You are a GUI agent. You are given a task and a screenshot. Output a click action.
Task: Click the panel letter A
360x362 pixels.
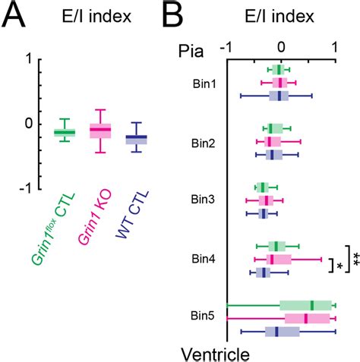(x=16, y=17)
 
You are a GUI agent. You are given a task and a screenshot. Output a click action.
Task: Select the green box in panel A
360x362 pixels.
(x=64, y=133)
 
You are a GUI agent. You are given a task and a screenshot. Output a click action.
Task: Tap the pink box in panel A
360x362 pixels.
(x=100, y=130)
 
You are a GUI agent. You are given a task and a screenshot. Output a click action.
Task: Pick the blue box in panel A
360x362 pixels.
(x=136, y=137)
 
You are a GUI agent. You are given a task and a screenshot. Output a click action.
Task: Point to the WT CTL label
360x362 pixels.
(x=132, y=215)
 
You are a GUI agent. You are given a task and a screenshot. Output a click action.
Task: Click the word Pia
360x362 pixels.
(x=192, y=52)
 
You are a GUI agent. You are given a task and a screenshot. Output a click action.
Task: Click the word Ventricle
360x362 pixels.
(x=215, y=352)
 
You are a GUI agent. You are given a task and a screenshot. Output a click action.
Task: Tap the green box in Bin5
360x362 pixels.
(x=305, y=305)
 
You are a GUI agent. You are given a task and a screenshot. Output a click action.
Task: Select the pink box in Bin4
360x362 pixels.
(x=274, y=259)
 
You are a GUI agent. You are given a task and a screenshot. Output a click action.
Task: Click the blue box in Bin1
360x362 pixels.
(x=279, y=96)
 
